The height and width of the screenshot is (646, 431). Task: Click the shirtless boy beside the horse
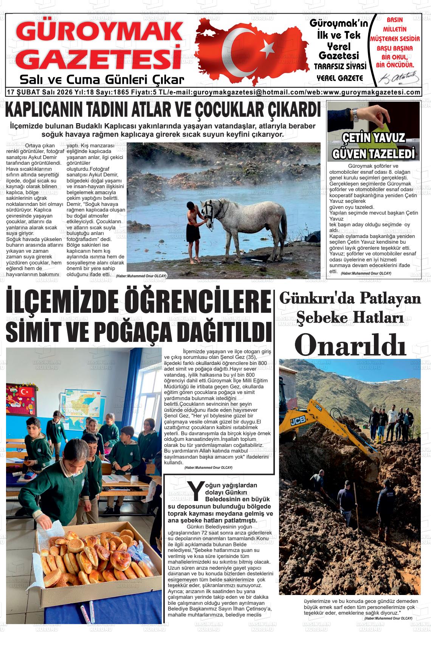pyautogui.click(x=194, y=230)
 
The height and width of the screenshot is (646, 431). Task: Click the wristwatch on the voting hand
pyautogui.click(x=355, y=114)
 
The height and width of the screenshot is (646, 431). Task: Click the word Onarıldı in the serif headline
pyautogui.click(x=350, y=344)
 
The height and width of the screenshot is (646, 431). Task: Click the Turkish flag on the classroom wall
pyautogui.click(x=26, y=391)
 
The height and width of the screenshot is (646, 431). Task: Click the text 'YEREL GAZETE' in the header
pyautogui.click(x=340, y=78)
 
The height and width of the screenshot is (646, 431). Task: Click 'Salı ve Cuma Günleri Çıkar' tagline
pyautogui.click(x=102, y=80)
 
